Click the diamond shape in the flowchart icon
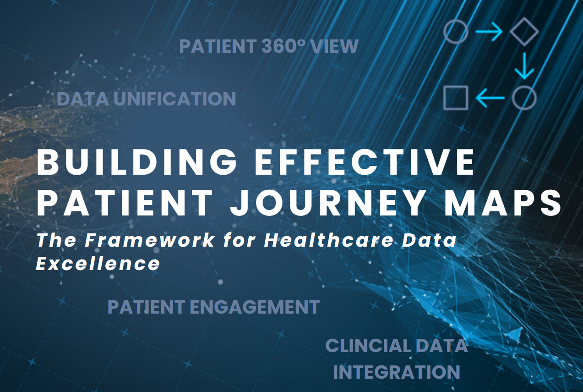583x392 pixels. click(524, 32)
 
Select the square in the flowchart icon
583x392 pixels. click(456, 98)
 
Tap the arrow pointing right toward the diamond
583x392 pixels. click(489, 32)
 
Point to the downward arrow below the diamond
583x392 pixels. click(524, 65)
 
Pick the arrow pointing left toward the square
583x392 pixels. click(490, 98)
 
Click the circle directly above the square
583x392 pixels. click(456, 32)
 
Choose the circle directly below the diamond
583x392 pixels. click(524, 98)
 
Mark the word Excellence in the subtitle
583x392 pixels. click(98, 264)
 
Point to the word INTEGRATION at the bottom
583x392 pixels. click(397, 372)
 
